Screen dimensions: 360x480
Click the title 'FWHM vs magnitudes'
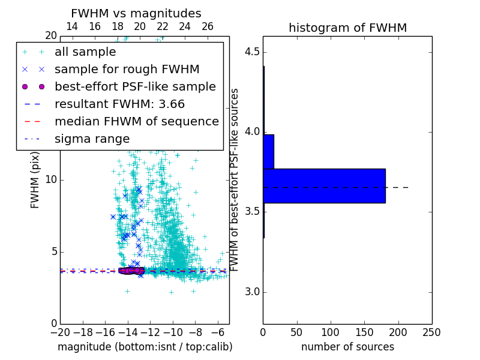(136, 13)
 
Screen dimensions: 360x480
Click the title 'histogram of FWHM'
(347, 28)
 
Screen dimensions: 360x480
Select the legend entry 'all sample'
(85, 52)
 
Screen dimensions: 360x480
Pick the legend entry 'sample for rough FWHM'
(127, 69)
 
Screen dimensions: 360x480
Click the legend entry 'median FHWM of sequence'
(136, 121)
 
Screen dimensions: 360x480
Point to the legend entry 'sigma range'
(92, 139)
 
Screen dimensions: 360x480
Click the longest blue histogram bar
(324, 186)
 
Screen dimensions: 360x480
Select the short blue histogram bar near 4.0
(268, 151)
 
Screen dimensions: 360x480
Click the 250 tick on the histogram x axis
(431, 332)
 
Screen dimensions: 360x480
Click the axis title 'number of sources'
(347, 347)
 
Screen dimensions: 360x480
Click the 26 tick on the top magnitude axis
(208, 26)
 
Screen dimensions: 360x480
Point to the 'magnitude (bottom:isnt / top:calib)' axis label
(145, 347)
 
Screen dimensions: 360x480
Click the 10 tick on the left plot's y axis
(50, 180)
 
